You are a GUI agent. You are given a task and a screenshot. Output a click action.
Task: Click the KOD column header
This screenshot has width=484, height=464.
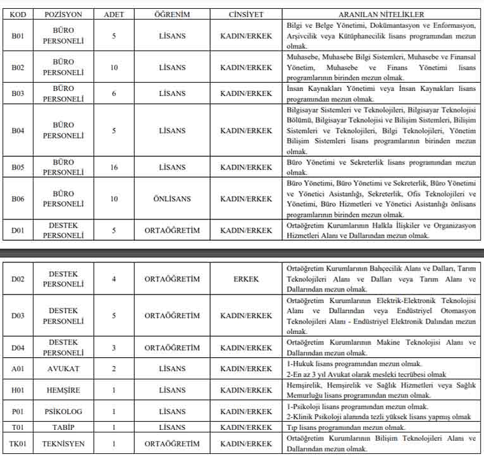pyautogui.click(x=18, y=14)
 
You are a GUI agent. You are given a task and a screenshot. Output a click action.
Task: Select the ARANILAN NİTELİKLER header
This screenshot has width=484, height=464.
pyautogui.click(x=382, y=14)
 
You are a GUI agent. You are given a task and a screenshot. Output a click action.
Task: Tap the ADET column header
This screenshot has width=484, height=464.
pyautogui.click(x=114, y=14)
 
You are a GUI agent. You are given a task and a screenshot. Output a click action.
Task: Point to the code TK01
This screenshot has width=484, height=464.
pyautogui.click(x=18, y=444)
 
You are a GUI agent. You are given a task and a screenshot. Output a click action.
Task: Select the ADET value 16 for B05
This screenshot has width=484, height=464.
pyautogui.click(x=114, y=168)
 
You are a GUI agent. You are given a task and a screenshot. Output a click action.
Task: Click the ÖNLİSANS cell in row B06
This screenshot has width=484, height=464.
pyautogui.click(x=172, y=198)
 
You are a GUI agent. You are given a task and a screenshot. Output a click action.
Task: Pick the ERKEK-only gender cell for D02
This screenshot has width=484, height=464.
pyautogui.click(x=246, y=279)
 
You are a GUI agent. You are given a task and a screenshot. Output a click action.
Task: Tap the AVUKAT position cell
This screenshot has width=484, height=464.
pyautogui.click(x=63, y=369)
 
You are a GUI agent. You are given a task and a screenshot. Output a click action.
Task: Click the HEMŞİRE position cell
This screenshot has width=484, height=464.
pyautogui.click(x=63, y=390)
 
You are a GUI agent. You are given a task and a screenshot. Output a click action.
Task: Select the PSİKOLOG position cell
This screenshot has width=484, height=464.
pyautogui.click(x=63, y=412)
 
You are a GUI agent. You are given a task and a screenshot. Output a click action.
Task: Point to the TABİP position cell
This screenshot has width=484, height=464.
pyautogui.click(x=63, y=427)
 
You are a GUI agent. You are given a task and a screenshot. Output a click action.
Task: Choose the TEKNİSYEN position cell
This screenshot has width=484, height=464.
pyautogui.click(x=63, y=444)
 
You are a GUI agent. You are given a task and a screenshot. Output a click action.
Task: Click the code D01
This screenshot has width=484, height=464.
pyautogui.click(x=18, y=230)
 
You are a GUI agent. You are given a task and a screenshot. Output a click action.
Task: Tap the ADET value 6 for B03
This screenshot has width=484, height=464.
pyautogui.click(x=114, y=93)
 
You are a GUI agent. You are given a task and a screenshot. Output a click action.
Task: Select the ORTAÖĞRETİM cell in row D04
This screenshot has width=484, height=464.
pyautogui.click(x=172, y=348)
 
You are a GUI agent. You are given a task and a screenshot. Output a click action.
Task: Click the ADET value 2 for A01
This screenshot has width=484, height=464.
pyautogui.click(x=114, y=369)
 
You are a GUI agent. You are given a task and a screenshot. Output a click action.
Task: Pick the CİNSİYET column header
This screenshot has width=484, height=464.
pyautogui.click(x=246, y=14)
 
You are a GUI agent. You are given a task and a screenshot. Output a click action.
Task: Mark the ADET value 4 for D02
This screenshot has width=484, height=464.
pyautogui.click(x=114, y=279)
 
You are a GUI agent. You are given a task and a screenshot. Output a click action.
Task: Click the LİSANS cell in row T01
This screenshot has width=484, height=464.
pyautogui.click(x=172, y=427)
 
